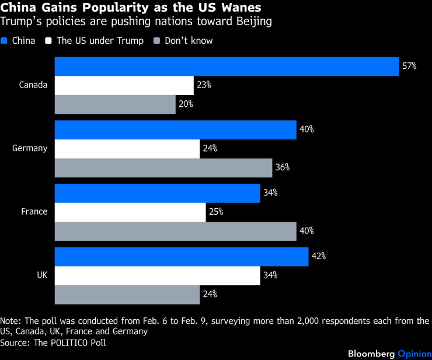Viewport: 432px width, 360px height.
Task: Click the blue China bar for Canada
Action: [227, 67]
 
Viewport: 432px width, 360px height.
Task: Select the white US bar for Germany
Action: [127, 148]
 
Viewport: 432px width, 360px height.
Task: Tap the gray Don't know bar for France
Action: [175, 230]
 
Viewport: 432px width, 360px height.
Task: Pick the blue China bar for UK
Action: [181, 256]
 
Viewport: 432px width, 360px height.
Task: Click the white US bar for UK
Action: [157, 275]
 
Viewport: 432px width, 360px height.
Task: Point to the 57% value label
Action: [409, 67]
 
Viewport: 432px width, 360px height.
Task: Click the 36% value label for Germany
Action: [283, 167]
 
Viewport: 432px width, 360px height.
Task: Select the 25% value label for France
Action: [216, 212]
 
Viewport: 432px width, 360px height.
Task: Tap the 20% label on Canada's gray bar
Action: [186, 104]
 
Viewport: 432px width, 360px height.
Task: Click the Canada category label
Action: [33, 85]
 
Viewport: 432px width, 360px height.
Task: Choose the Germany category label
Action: [30, 148]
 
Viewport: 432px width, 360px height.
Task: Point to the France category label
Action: [34, 212]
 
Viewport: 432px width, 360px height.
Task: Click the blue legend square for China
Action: [5, 41]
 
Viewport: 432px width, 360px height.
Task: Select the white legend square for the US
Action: [50, 41]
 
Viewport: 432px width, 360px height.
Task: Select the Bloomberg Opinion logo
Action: [389, 354]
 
